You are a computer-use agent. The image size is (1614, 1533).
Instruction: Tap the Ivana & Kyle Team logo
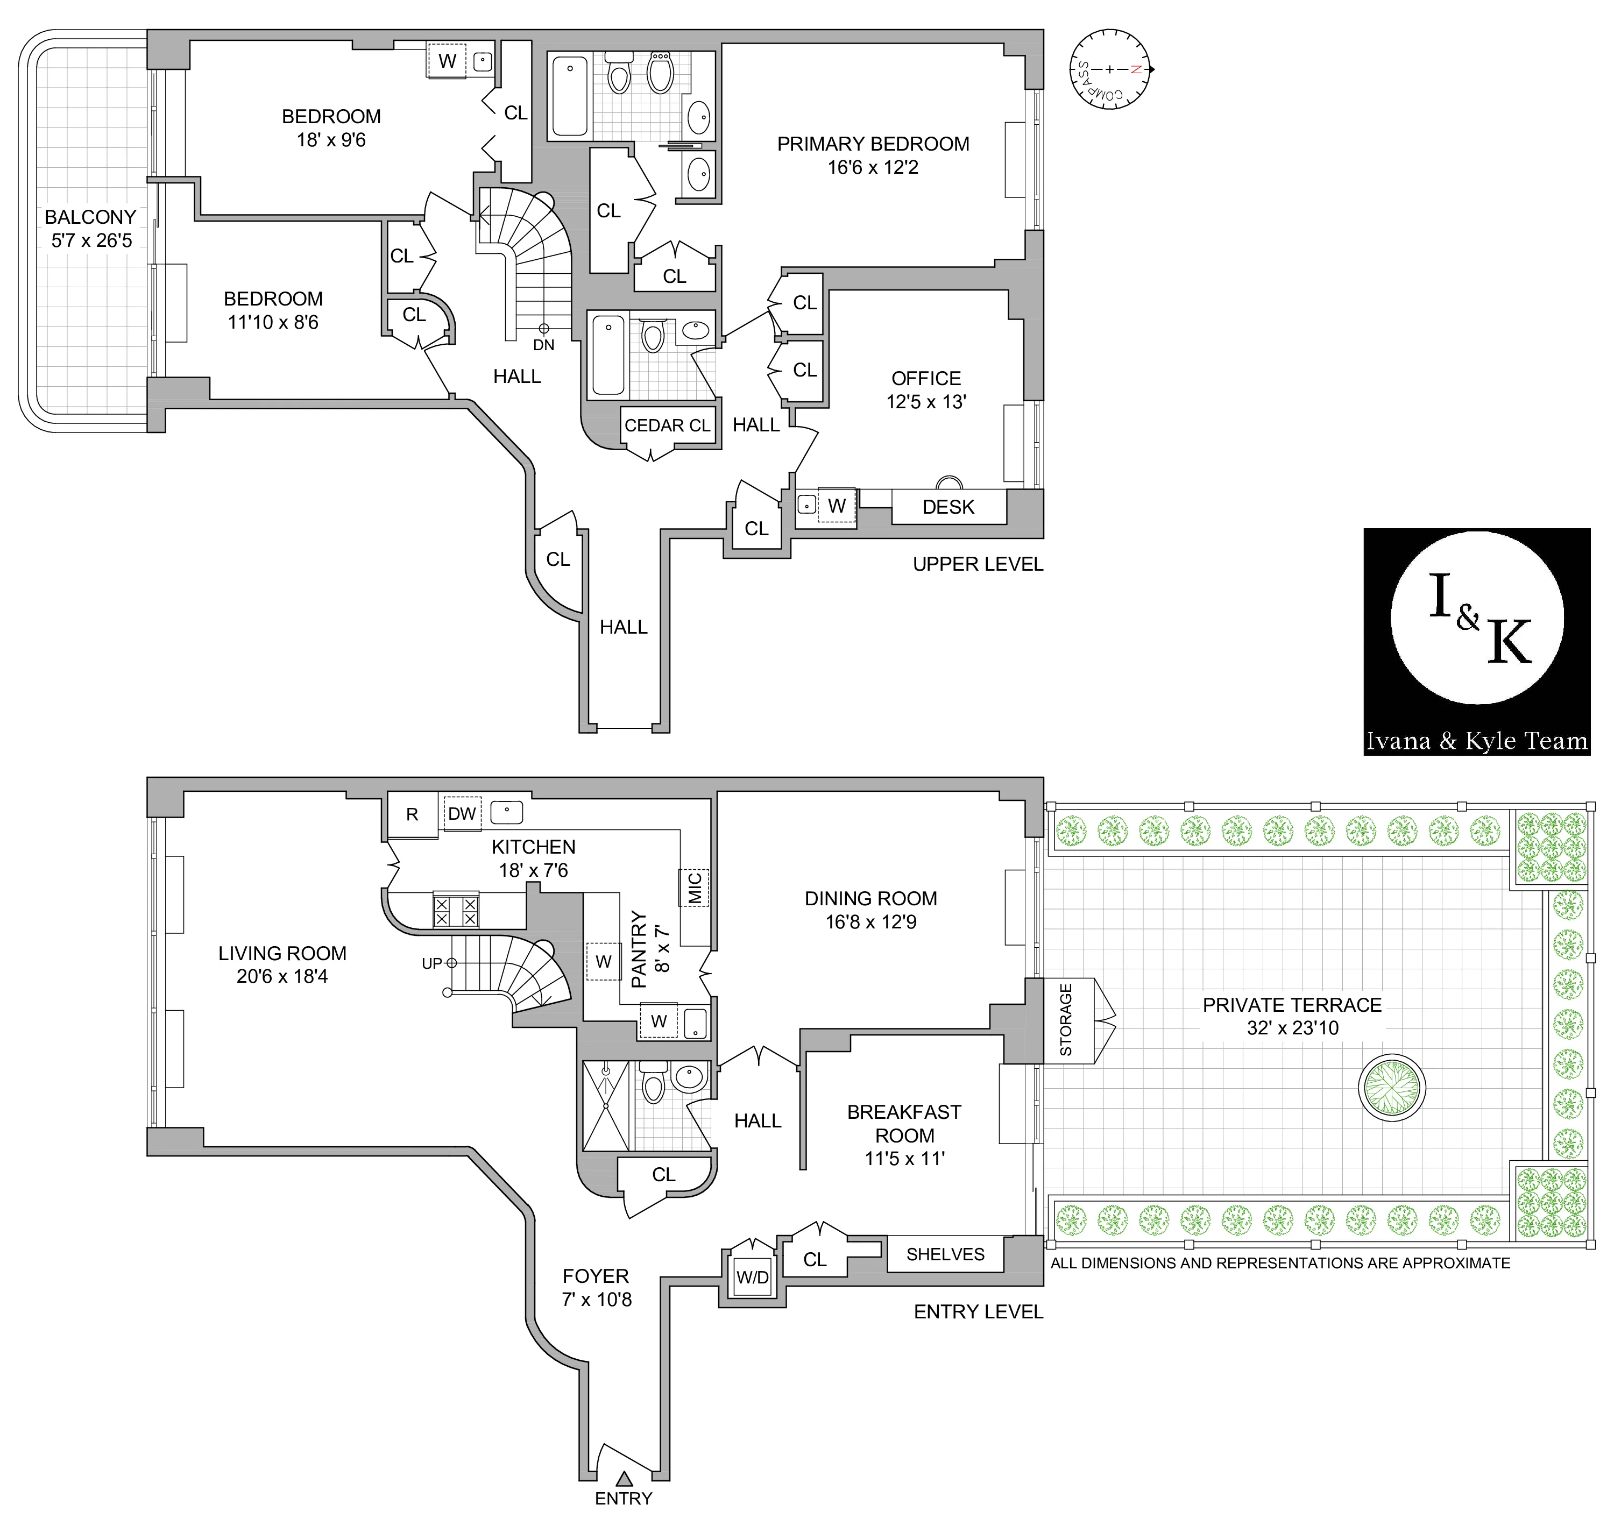[1476, 642]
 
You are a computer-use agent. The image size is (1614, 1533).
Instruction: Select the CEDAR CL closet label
[667, 425]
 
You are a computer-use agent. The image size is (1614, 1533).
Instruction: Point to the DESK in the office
[948, 507]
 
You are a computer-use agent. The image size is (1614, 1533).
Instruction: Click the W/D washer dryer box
[752, 1277]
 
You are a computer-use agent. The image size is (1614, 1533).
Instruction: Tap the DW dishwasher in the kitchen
[462, 814]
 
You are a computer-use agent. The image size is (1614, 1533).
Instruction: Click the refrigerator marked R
[412, 815]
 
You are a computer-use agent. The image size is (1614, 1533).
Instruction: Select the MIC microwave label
[695, 888]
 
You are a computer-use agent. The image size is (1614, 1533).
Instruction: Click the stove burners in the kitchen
[455, 911]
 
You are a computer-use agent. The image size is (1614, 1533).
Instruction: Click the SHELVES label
[945, 1254]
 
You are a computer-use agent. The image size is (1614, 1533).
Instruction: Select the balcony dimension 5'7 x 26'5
[91, 240]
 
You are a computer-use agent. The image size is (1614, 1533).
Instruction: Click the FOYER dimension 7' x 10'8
[597, 1300]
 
